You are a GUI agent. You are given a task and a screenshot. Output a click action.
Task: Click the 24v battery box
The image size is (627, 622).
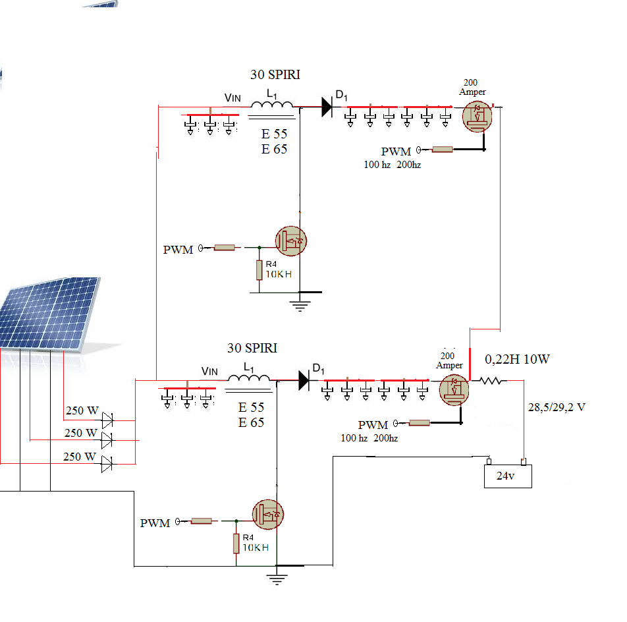507,476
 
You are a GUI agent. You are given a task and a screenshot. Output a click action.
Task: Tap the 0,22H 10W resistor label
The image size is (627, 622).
517,359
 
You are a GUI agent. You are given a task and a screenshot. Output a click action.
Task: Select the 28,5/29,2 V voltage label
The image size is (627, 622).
557,407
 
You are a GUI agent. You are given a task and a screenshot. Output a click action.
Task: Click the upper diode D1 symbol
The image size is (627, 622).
327,107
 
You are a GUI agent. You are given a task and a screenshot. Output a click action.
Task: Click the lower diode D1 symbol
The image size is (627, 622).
304,380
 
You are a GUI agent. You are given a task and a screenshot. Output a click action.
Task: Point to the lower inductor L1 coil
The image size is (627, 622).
248,377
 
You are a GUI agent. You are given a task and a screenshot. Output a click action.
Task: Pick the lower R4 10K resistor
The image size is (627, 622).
236,544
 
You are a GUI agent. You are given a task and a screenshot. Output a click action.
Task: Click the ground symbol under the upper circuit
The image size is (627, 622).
300,304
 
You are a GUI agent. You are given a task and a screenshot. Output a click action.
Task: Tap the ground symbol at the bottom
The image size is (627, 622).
277,579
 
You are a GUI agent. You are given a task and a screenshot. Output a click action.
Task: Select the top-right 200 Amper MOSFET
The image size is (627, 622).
477,116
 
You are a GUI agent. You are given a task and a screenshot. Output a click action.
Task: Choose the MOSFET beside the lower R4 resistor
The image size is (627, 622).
268,515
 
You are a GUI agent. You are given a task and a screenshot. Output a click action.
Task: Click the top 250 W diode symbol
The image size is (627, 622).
107,418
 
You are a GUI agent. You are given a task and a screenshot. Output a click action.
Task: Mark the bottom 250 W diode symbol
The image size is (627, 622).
107,465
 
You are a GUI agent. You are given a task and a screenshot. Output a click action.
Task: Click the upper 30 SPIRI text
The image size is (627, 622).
275,75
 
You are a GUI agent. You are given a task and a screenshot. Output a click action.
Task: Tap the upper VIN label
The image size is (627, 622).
232,98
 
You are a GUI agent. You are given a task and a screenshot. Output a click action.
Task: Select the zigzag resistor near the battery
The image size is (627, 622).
492,381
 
